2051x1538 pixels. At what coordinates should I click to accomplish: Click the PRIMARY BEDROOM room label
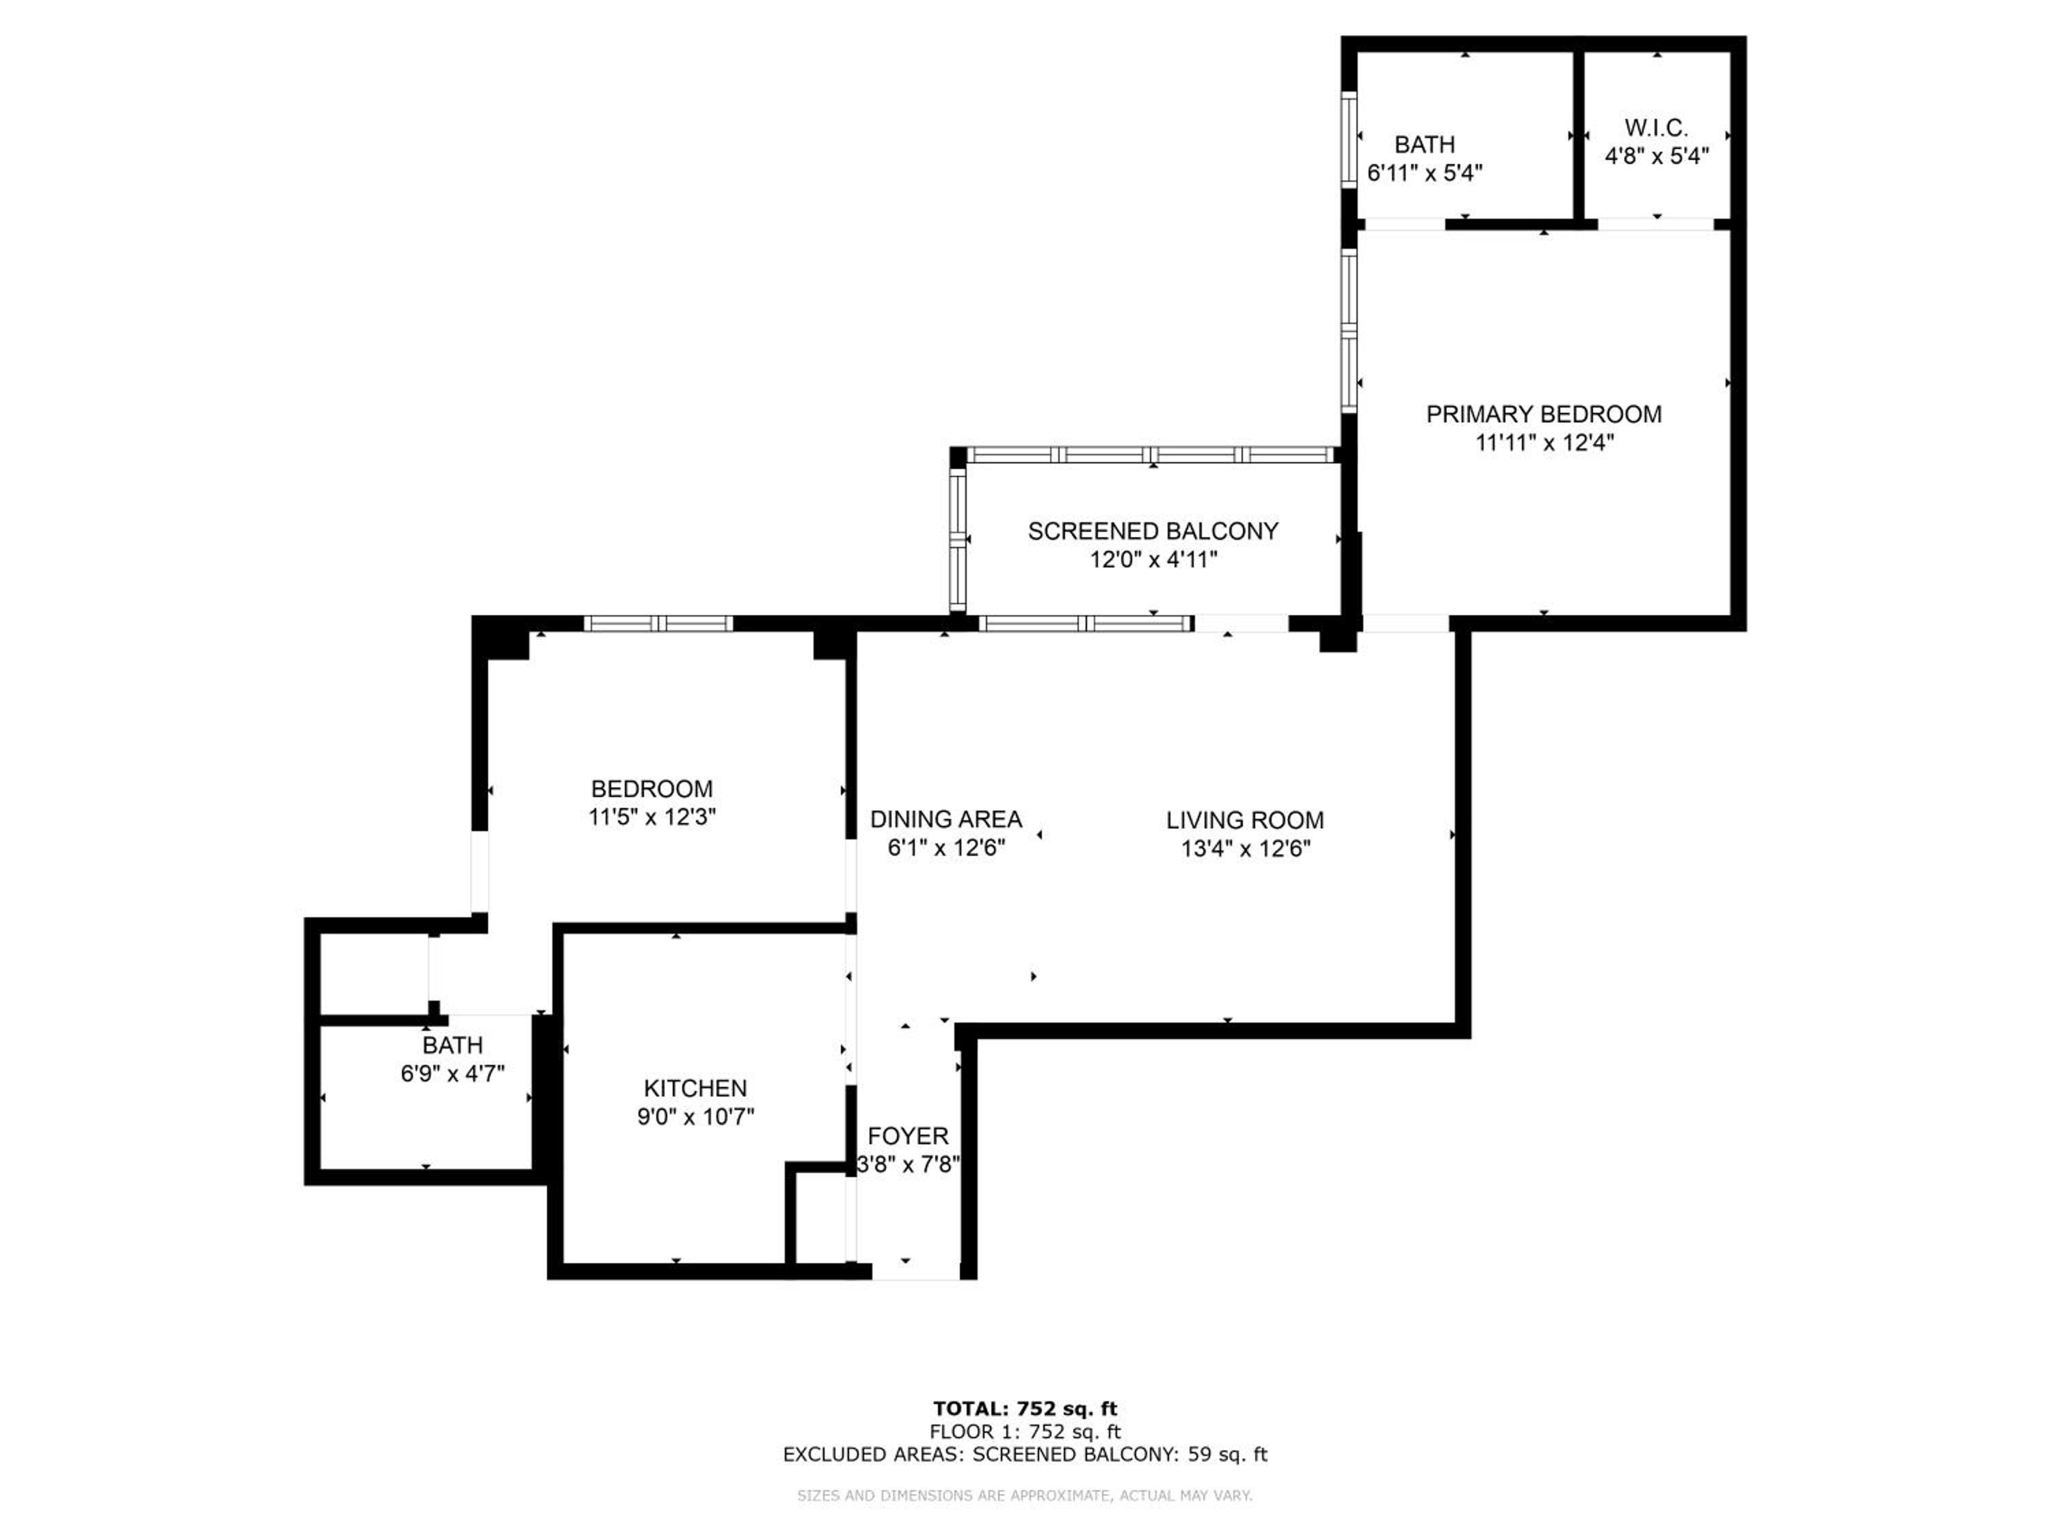(1543, 414)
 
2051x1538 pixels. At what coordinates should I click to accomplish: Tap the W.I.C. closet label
(1656, 128)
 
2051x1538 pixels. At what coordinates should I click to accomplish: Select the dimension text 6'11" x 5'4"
(1425, 172)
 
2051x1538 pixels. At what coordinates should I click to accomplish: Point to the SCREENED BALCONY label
(1153, 531)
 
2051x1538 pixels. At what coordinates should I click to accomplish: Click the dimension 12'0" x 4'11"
(1153, 560)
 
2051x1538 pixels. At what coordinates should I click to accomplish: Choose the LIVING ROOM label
(1244, 820)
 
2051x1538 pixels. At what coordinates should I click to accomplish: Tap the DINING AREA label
(946, 820)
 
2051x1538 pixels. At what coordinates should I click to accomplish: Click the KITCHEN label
(695, 1088)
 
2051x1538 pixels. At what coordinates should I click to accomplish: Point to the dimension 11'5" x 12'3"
(652, 817)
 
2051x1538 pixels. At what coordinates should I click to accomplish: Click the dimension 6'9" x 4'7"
(453, 1074)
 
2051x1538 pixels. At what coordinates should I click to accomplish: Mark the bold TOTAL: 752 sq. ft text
(1025, 1409)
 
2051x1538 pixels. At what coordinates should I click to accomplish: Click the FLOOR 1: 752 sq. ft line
(1025, 1431)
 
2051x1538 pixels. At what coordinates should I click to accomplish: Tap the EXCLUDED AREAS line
(1025, 1455)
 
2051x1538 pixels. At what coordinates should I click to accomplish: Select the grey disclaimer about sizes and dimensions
(1025, 1496)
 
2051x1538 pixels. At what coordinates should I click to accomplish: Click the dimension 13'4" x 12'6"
(1245, 848)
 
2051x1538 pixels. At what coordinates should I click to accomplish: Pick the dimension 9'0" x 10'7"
(695, 1116)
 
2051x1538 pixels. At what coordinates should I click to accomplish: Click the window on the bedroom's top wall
(658, 624)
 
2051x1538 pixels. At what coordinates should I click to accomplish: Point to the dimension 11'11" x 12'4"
(1544, 443)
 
